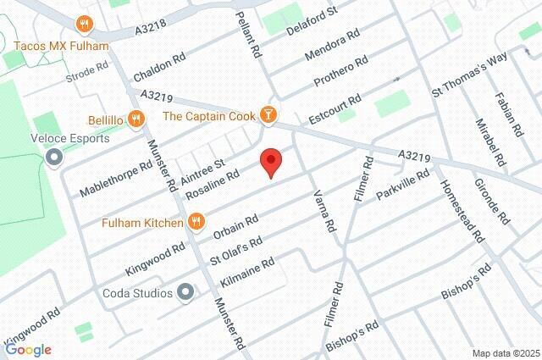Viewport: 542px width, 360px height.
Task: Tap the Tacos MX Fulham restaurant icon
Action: tap(85, 24)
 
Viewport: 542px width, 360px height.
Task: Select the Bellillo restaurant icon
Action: tap(135, 119)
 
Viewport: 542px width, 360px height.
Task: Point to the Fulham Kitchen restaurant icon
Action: tap(196, 223)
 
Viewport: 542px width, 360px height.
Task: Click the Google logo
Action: tap(28, 350)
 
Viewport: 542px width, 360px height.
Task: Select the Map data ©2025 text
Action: tap(505, 353)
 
